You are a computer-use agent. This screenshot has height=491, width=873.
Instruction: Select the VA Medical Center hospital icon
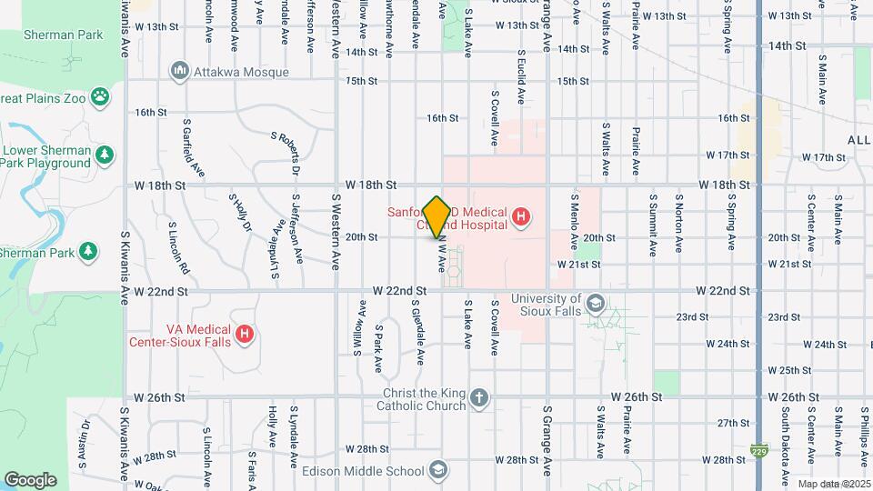[x=244, y=336]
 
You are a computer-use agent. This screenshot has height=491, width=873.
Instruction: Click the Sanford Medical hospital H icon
[x=520, y=217]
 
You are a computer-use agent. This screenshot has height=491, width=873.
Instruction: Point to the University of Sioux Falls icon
[x=595, y=304]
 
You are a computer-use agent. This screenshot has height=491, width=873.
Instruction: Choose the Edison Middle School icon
[x=437, y=470]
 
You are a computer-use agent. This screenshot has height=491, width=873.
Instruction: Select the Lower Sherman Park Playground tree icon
[x=105, y=155]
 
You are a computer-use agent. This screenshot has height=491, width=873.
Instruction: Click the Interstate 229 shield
[x=758, y=449]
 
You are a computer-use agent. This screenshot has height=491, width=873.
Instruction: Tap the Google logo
[x=30, y=479]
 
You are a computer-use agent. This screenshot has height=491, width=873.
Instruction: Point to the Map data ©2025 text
[x=834, y=484]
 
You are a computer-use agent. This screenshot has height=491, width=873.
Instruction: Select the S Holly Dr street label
[x=240, y=213]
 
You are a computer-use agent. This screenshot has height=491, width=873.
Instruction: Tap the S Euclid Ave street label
[x=521, y=62]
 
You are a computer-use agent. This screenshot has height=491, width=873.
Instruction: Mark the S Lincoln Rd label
[x=178, y=246]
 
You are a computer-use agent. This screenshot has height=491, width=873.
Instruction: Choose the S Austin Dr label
[x=84, y=449]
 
